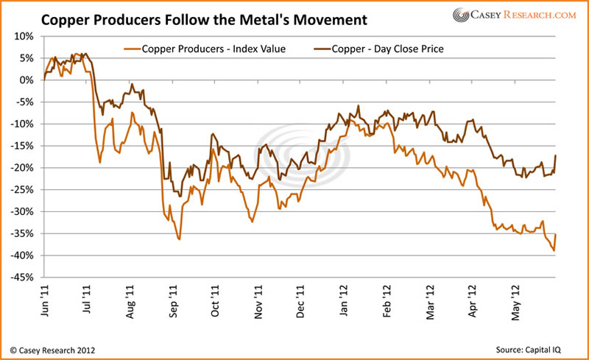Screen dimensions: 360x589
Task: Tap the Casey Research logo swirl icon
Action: (462, 15)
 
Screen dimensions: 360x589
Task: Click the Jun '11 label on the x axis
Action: (45, 302)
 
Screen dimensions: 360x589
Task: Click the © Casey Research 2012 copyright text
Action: (52, 349)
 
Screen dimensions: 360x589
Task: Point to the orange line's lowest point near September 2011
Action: (179, 239)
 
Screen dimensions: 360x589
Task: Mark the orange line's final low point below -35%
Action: (553, 251)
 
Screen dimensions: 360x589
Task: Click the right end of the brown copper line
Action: (555, 155)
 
